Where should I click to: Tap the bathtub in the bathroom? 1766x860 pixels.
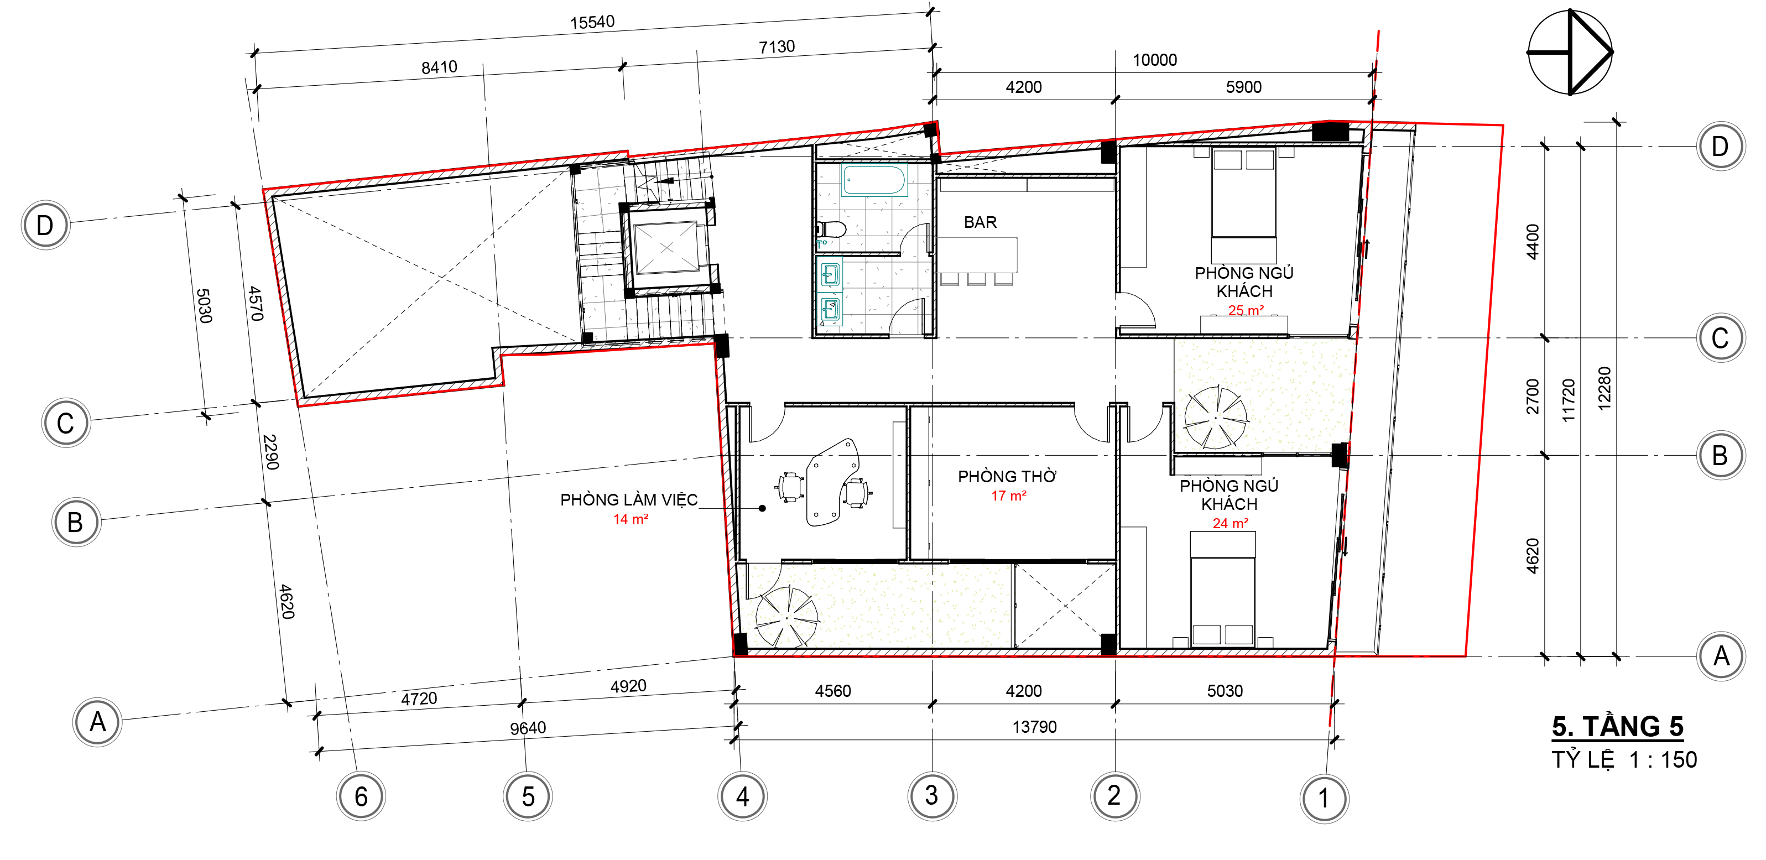873,180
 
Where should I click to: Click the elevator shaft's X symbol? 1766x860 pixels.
666,248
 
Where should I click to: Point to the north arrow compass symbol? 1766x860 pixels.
1570,52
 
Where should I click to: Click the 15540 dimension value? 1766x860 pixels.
592,22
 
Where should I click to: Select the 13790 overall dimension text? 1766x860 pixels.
1034,726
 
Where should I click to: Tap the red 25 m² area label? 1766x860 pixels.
1246,310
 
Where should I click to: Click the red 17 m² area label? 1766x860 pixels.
1008,496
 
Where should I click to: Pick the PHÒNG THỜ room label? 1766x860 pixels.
1007,476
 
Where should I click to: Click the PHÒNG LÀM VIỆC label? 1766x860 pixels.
629,499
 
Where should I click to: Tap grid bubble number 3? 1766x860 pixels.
932,796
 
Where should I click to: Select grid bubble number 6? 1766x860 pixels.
361,796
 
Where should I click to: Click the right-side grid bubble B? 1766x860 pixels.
1720,455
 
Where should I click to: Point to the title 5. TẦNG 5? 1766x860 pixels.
1617,726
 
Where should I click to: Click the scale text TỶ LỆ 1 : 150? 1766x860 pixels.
1624,760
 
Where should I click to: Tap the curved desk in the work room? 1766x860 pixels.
832,482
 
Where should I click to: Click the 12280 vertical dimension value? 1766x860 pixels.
1604,389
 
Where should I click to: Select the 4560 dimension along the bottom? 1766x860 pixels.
833,691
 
